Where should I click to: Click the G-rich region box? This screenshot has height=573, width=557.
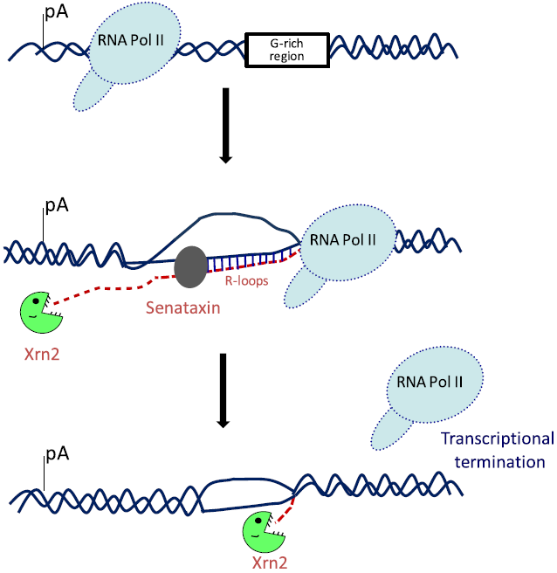click(x=287, y=51)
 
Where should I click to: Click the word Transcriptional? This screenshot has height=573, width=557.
click(x=497, y=440)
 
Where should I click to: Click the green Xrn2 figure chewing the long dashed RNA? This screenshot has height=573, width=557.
click(x=40, y=312)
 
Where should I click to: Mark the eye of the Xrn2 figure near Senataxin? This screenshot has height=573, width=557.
click(x=34, y=303)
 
